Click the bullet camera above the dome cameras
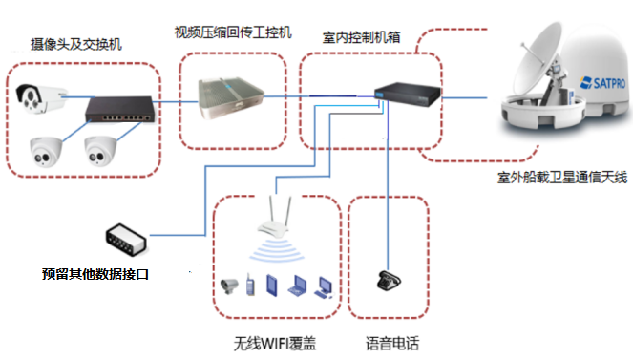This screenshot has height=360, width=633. pos(40,95)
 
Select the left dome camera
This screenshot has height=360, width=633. pos(44,151)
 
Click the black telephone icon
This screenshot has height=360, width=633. pos(386,280)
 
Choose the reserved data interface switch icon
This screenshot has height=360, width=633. pos(127,238)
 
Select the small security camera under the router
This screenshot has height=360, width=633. pos(230,284)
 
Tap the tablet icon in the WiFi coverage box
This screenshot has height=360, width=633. pos(271,285)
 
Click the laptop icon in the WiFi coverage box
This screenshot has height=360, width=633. pos(297,284)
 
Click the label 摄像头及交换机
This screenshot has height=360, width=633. pos(76,43)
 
